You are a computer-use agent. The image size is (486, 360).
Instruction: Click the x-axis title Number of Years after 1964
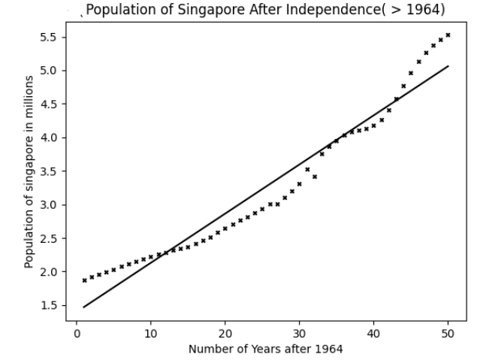click(x=265, y=349)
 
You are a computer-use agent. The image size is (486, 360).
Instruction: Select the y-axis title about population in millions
click(x=29, y=171)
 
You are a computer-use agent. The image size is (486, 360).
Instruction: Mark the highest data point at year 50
click(x=448, y=35)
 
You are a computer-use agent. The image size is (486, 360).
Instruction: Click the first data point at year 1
click(x=84, y=280)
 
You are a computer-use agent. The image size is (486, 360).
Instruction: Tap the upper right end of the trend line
click(x=448, y=66)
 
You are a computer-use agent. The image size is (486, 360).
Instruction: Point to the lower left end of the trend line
click(x=84, y=307)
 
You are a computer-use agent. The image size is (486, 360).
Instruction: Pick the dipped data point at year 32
click(x=314, y=177)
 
